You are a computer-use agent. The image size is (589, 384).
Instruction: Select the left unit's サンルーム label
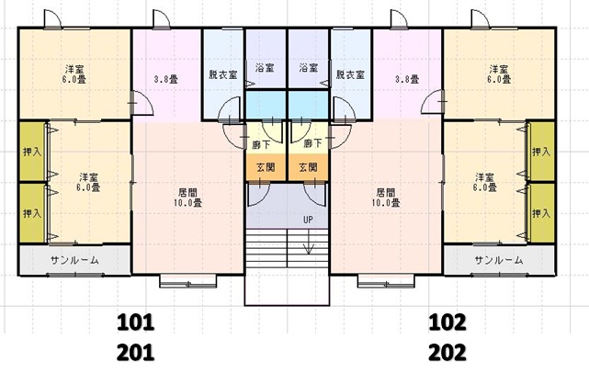[x=74, y=260]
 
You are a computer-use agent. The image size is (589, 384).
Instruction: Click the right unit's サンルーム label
[x=498, y=260]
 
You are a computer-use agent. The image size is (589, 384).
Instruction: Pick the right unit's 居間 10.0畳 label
[x=387, y=198]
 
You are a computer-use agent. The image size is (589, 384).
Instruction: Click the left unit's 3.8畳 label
[x=165, y=78]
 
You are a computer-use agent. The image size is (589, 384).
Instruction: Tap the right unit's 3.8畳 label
[x=405, y=78]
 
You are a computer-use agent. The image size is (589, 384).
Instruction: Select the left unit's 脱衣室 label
[x=222, y=74]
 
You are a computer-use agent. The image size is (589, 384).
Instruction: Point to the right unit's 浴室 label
[x=308, y=68]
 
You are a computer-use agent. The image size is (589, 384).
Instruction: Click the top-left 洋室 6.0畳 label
[x=74, y=74]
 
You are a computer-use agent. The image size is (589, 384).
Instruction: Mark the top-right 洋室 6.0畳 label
[x=498, y=74]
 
